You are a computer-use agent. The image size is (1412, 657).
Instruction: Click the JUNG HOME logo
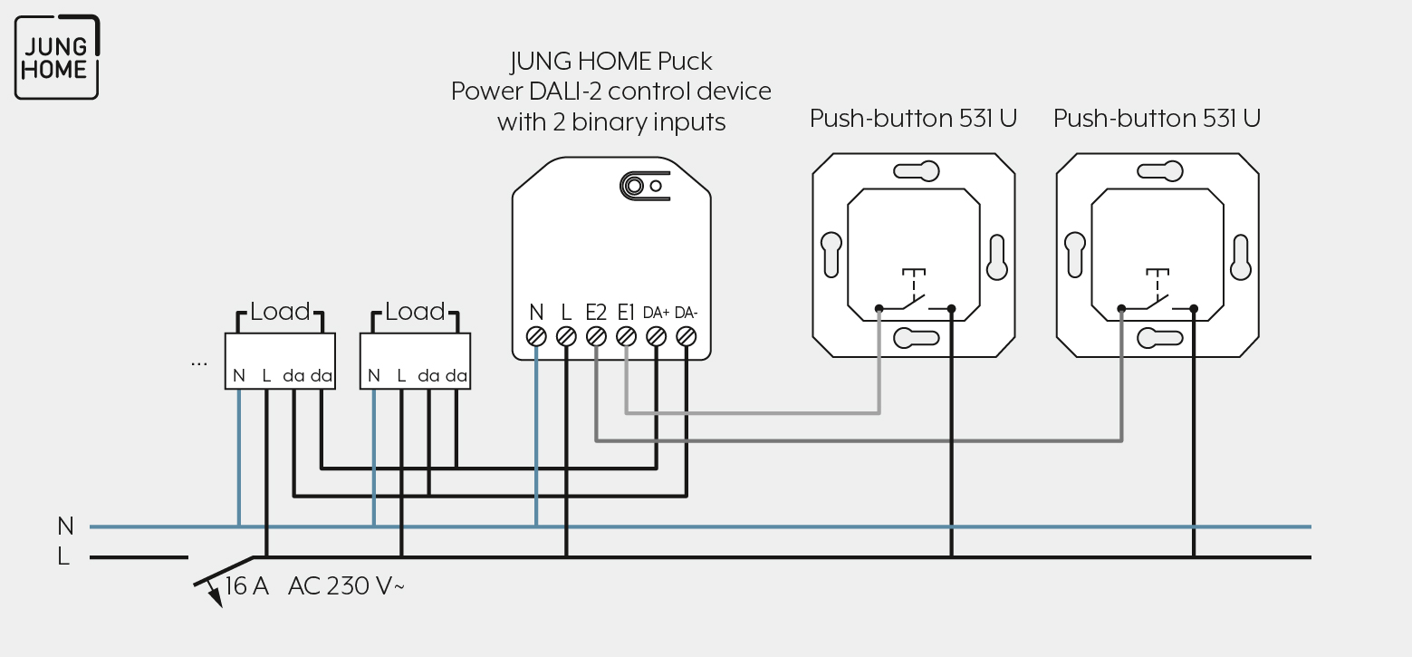pos(57,57)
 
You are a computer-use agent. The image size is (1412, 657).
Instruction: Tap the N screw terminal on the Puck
pos(536,337)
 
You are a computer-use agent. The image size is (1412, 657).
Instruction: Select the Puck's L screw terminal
pos(566,337)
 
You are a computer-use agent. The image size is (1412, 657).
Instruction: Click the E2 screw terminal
pos(596,337)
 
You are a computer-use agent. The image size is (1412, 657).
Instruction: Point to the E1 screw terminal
pos(626,337)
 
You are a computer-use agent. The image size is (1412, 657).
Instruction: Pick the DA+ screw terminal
pos(657,337)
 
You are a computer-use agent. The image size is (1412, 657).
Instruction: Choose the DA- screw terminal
pos(686,337)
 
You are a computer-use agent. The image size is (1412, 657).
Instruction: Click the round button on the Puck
pos(633,186)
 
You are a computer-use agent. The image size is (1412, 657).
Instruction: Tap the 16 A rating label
pos(246,586)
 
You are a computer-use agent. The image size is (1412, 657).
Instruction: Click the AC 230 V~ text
pos(346,586)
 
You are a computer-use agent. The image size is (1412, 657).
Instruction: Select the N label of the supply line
pos(65,526)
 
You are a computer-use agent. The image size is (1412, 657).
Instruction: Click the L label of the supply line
pos(63,556)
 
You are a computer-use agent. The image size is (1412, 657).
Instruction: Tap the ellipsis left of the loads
pos(198,363)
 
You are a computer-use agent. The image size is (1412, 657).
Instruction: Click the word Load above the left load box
pos(280,311)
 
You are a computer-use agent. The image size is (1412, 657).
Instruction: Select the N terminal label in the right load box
pos(374,376)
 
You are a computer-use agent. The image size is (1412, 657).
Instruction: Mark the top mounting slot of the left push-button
pos(917,171)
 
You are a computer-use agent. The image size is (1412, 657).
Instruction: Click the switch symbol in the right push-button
pos(1157,292)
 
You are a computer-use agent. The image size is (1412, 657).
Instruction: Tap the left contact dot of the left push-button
pos(879,308)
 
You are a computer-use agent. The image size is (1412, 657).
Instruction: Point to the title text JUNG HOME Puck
pos(610,61)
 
